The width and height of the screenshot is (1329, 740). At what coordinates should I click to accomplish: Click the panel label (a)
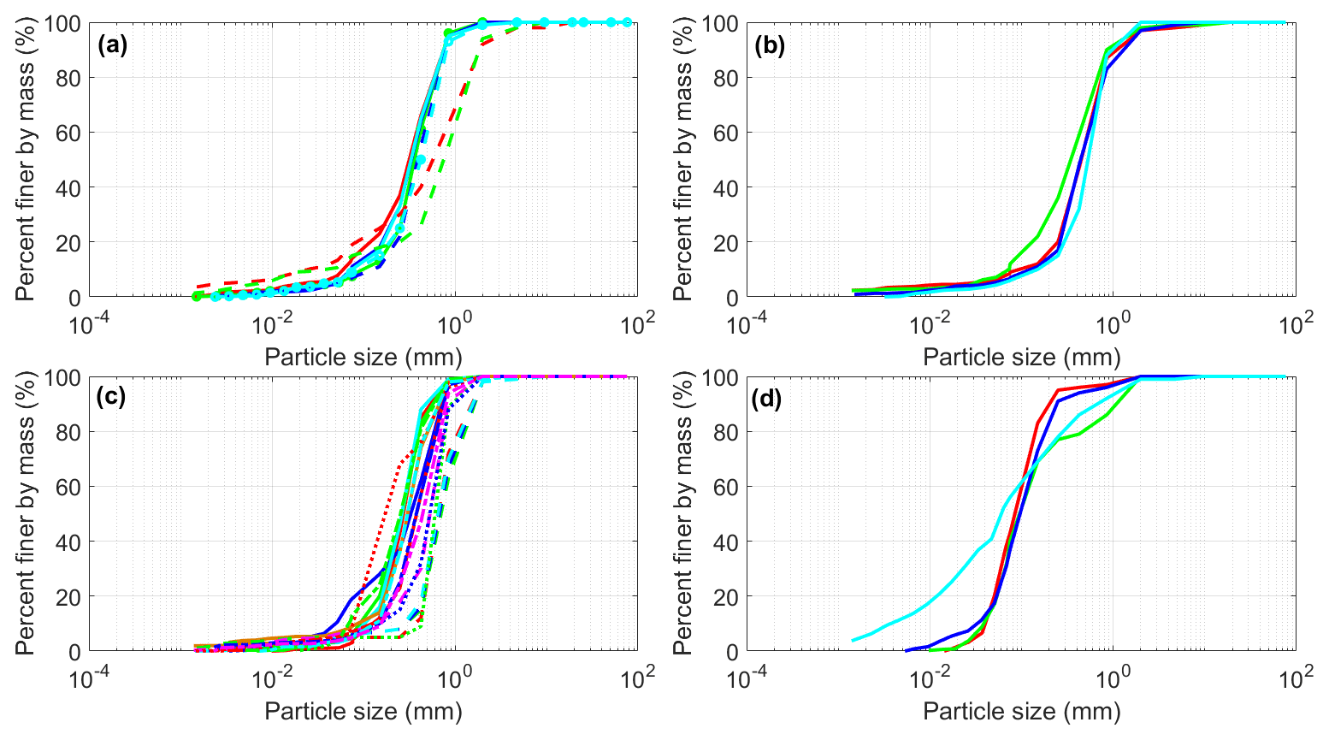coord(112,45)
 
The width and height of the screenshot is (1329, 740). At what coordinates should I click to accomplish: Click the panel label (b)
coord(770,45)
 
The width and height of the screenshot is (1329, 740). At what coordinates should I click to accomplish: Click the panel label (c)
coord(112,399)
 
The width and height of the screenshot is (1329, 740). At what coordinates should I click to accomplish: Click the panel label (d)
coord(770,399)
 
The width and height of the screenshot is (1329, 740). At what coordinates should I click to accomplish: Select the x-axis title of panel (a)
coord(363,356)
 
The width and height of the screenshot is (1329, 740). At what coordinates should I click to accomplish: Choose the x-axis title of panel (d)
coord(1021,710)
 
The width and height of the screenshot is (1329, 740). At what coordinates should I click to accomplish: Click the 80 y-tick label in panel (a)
coord(70,78)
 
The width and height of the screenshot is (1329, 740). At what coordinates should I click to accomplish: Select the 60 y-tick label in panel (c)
coord(70,487)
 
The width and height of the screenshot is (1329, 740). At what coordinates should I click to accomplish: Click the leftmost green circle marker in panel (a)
coord(197,296)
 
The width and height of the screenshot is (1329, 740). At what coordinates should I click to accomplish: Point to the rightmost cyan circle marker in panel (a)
coord(627,22)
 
